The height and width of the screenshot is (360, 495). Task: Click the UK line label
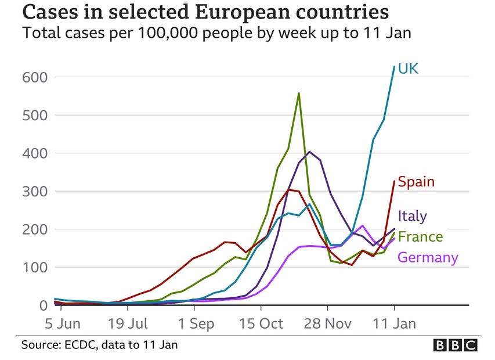[x=409, y=69]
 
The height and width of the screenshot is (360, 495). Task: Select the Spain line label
[x=416, y=182]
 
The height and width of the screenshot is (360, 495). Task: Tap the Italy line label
[x=413, y=216]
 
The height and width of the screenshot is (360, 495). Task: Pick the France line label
[x=420, y=237]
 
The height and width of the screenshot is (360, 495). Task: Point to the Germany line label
[x=428, y=257]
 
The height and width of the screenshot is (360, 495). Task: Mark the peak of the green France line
[x=298, y=93]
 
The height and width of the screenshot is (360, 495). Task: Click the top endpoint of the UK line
[x=394, y=67]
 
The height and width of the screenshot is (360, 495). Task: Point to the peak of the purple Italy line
[x=309, y=152]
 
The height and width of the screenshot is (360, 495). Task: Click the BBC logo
[x=456, y=345]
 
